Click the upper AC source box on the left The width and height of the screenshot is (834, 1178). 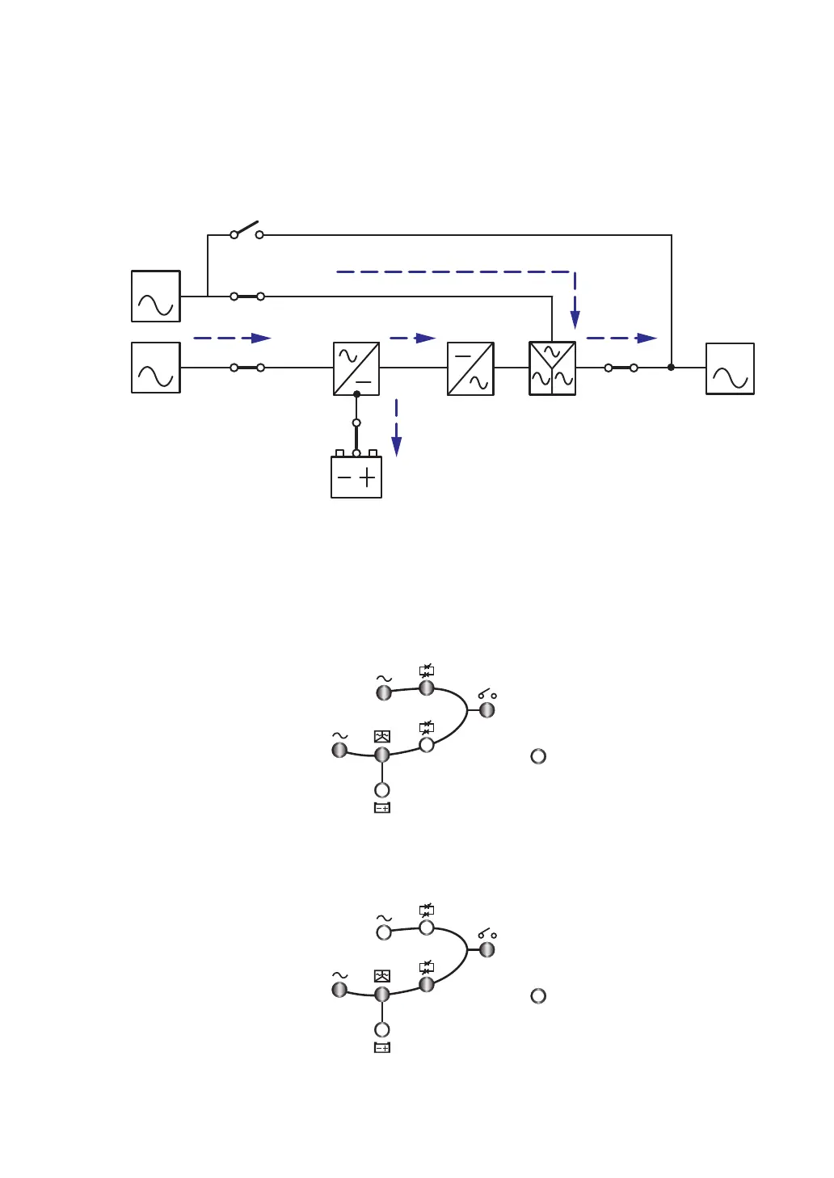click(x=156, y=297)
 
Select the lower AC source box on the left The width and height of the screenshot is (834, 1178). click(x=156, y=368)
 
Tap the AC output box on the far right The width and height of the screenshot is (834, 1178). click(x=730, y=369)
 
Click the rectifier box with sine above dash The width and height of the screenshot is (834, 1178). click(x=356, y=368)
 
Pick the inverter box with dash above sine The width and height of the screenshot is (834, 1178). click(x=470, y=368)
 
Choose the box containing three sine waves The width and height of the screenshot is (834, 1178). click(x=552, y=368)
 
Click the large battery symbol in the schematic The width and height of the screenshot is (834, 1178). click(x=356, y=477)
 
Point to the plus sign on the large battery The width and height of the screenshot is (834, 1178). click(x=368, y=478)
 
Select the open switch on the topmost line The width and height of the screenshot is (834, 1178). click(x=246, y=229)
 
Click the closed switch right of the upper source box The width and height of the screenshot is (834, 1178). click(x=247, y=297)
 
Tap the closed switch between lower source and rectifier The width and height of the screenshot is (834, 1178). click(x=247, y=368)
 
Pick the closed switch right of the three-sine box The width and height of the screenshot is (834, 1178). click(x=621, y=368)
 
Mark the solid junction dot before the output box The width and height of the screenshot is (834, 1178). click(x=671, y=368)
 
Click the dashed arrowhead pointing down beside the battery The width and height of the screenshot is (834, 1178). click(x=397, y=446)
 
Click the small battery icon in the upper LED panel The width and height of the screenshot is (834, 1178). click(x=382, y=808)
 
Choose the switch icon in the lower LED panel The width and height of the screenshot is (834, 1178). click(x=486, y=935)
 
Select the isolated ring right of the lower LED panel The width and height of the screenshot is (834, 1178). click(x=538, y=996)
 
